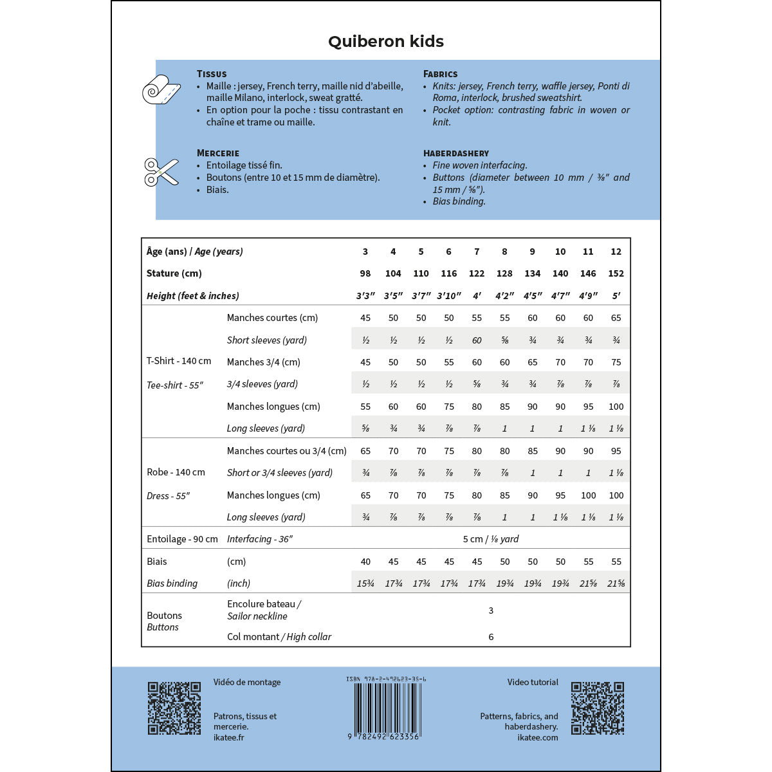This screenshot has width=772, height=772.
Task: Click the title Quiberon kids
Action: [x=386, y=42]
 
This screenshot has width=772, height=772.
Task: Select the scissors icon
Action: [x=161, y=172]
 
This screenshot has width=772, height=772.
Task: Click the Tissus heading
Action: [x=212, y=74]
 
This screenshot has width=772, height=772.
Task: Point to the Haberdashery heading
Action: [x=456, y=153]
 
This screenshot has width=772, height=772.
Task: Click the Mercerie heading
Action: [x=218, y=153]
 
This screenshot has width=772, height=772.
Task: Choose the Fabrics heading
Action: [x=441, y=74]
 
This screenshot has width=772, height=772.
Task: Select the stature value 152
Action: [x=616, y=273]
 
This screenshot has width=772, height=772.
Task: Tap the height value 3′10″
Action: [x=448, y=296]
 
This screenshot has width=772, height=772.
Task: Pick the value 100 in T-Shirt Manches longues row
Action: [x=616, y=407]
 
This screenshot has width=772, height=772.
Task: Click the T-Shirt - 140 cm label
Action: [x=179, y=361]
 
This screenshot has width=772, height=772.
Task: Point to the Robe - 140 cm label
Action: [x=176, y=472]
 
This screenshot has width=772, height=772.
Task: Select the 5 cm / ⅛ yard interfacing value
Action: [x=490, y=539]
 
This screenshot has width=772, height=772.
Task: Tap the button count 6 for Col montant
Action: [x=491, y=637]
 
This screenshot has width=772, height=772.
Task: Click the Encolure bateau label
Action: [x=264, y=604]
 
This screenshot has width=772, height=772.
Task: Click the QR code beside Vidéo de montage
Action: [x=174, y=708]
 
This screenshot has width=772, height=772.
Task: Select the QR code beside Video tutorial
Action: [x=598, y=708]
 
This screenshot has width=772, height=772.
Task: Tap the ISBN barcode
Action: [x=386, y=708]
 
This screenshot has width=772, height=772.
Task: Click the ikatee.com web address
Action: [x=538, y=737]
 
